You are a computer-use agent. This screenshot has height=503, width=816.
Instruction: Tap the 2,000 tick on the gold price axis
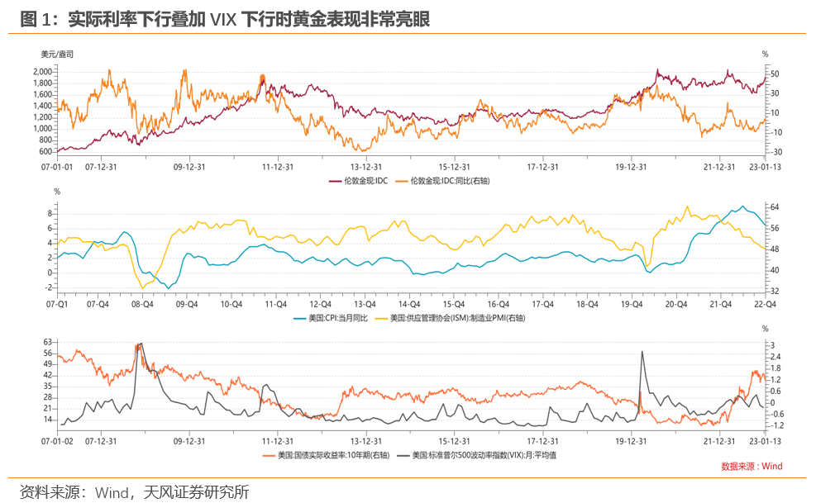pyautogui.click(x=42, y=72)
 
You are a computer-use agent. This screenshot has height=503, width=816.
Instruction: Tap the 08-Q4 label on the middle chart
pyautogui.click(x=143, y=303)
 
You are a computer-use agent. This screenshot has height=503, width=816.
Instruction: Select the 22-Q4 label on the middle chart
pyautogui.click(x=762, y=303)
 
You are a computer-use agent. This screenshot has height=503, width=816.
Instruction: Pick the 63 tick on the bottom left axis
pyautogui.click(x=47, y=342)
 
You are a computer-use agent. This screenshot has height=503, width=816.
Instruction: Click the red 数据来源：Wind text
pyautogui.click(x=751, y=467)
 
